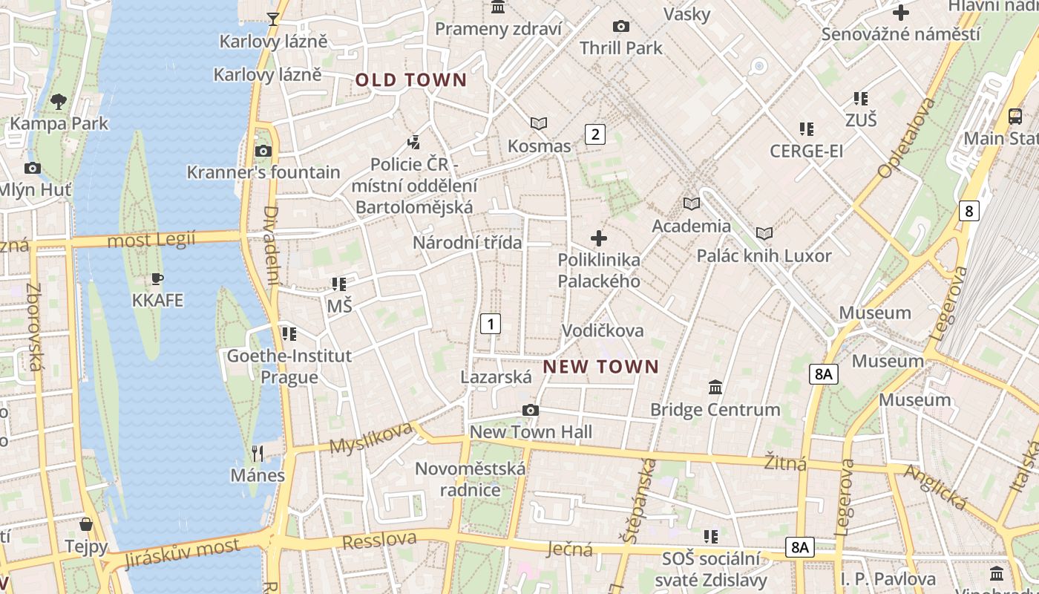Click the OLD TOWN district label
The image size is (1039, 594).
pyautogui.click(x=411, y=80)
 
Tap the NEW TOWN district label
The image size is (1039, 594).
pyautogui.click(x=601, y=367)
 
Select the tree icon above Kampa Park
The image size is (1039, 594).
pyautogui.click(x=59, y=102)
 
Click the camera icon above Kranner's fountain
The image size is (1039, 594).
pyautogui.click(x=263, y=151)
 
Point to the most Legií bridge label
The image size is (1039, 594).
pyautogui.click(x=151, y=240)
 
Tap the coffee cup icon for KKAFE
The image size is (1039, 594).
pyautogui.click(x=157, y=279)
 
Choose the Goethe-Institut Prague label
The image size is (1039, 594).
pyautogui.click(x=289, y=366)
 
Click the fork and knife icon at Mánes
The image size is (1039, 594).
pyautogui.click(x=258, y=453)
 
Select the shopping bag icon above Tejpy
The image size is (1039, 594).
pyautogui.click(x=86, y=525)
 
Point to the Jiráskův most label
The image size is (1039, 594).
pyautogui.click(x=183, y=552)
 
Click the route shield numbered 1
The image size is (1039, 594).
pyautogui.click(x=491, y=324)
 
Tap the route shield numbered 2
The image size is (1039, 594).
pyautogui.click(x=594, y=134)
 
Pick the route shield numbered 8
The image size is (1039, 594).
pyautogui.click(x=968, y=211)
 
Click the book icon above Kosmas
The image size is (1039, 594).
pyautogui.click(x=539, y=123)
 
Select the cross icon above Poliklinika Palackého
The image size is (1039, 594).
pyautogui.click(x=599, y=238)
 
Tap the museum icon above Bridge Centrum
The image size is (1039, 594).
pyautogui.click(x=715, y=387)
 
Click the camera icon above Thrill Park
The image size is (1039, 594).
pyautogui.click(x=621, y=27)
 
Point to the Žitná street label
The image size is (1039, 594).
pyautogui.click(x=785, y=463)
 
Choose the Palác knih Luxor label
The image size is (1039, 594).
pyautogui.click(x=764, y=256)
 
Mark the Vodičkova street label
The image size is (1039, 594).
pyautogui.click(x=603, y=330)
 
